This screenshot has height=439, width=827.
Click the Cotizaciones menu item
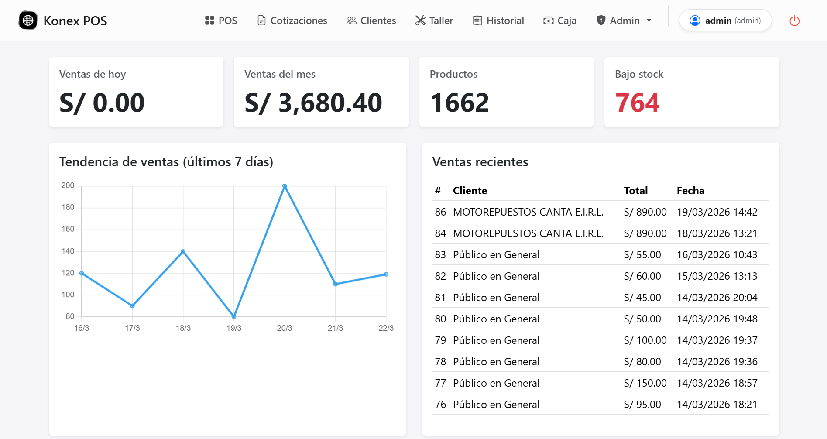292,21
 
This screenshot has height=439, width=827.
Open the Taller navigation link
434,21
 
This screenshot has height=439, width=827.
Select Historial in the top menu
498,21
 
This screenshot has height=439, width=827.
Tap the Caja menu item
560,21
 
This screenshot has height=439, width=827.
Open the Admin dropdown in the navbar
624,21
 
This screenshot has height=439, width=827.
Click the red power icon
794,21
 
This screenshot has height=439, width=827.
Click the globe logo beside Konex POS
28,21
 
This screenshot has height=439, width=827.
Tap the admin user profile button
725,21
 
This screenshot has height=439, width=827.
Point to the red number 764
637,103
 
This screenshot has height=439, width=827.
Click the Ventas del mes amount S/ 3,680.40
313,103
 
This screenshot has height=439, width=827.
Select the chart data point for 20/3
285,186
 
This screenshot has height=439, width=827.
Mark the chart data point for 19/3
234,316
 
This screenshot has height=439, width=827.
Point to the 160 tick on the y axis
68,229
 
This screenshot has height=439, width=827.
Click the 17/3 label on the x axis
132,328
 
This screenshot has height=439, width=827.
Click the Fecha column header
690,191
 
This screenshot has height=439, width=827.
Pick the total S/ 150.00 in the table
645,383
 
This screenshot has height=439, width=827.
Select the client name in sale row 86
528,212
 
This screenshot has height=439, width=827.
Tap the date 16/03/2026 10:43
717,255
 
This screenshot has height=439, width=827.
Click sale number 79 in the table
440,340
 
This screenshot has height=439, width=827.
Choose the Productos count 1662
460,103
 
